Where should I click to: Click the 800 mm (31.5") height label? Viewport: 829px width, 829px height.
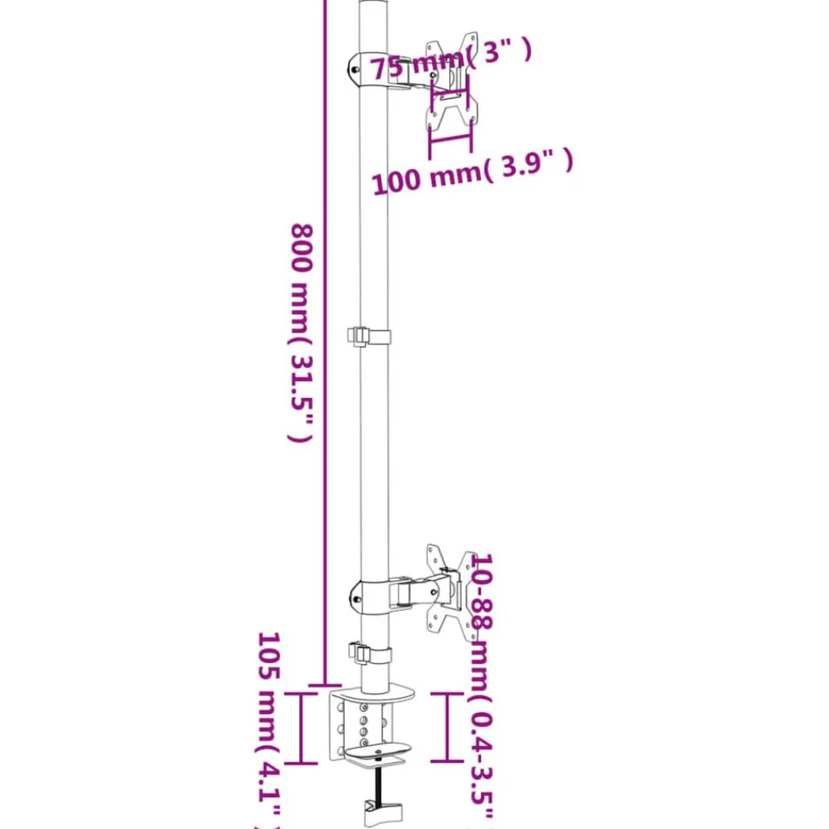tap(303, 333)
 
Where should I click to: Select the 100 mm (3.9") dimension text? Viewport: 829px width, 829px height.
tap(473, 172)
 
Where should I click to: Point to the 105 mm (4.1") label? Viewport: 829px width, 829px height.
tap(268, 730)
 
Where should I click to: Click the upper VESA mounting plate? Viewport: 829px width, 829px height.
tap(452, 82)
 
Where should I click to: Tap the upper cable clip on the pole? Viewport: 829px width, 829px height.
tap(369, 337)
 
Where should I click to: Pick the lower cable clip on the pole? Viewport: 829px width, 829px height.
tap(370, 655)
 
